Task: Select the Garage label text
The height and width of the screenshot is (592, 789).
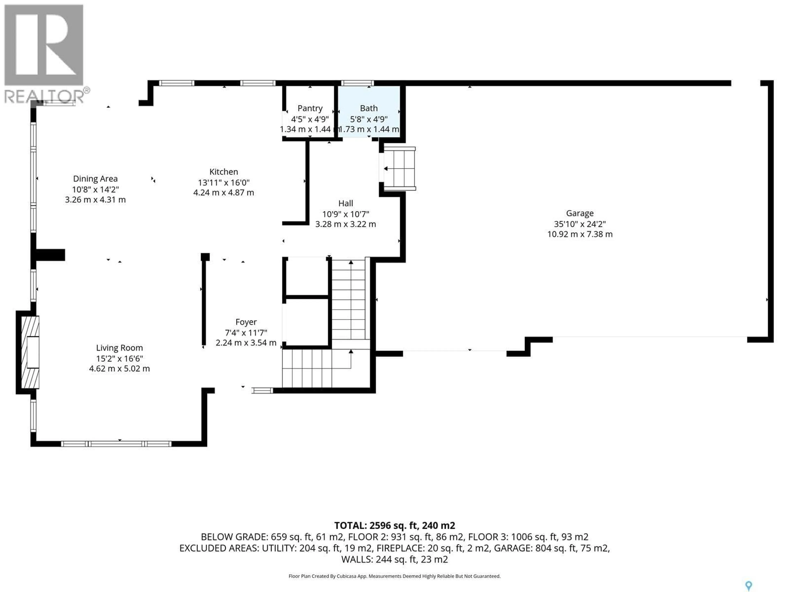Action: (580, 213)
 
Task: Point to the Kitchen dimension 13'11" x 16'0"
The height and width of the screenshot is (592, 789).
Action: (224, 182)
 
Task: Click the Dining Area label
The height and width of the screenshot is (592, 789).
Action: (95, 179)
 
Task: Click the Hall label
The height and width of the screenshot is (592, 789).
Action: (345, 203)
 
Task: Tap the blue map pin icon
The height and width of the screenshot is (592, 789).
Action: (749, 585)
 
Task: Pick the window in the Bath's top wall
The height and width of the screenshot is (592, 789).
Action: (357, 83)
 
